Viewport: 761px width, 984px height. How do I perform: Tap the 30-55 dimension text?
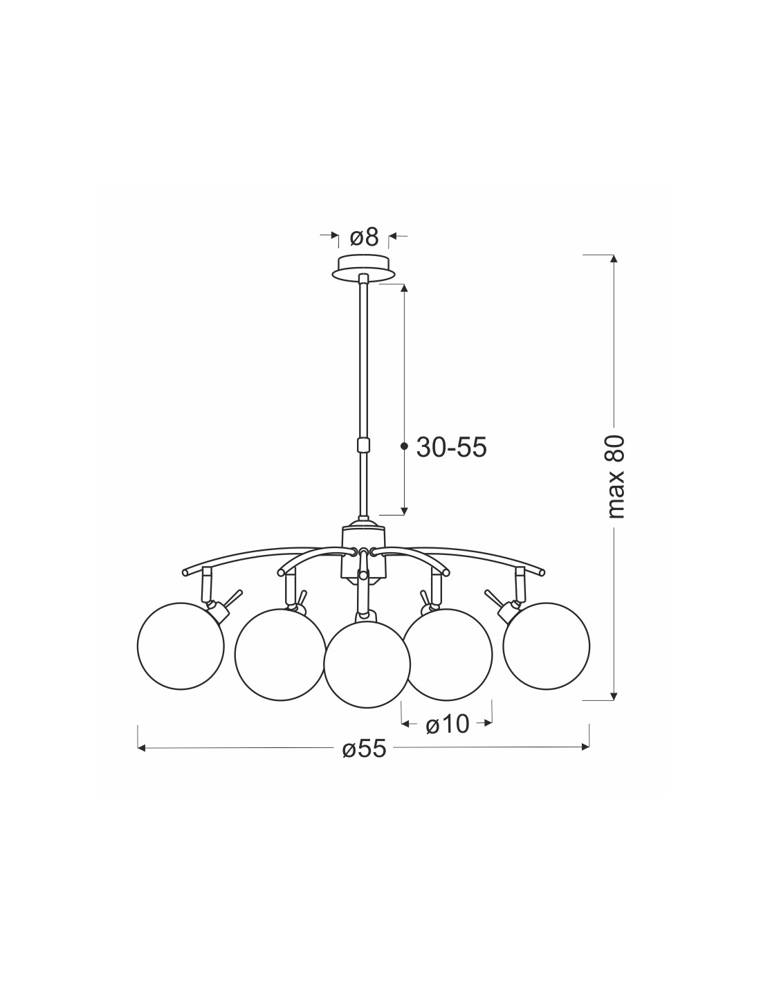pyautogui.click(x=451, y=448)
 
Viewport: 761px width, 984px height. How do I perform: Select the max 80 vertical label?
pyautogui.click(x=616, y=477)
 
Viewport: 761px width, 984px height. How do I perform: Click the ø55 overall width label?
pyautogui.click(x=365, y=749)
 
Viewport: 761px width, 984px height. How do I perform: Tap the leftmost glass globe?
pyautogui.click(x=181, y=646)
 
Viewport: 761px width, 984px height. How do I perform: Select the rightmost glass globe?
pyautogui.click(x=546, y=646)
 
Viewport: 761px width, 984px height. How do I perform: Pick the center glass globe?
pyautogui.click(x=367, y=664)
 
